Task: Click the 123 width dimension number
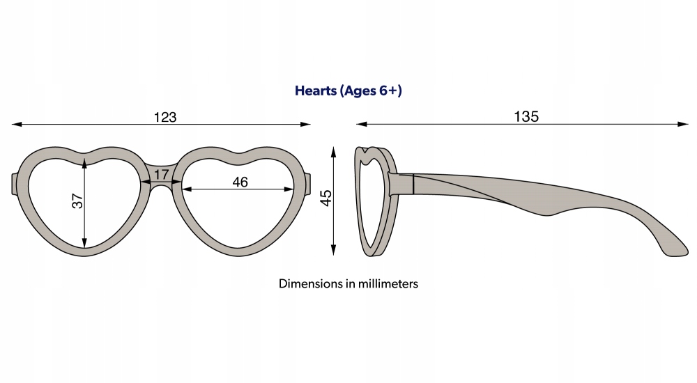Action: [x=165, y=117]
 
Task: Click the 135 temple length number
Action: [x=527, y=116]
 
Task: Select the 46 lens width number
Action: [x=240, y=182]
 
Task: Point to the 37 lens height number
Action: [x=77, y=201]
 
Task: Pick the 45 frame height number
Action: [x=325, y=198]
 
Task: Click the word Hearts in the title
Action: [x=314, y=91]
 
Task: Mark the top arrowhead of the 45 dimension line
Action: [x=335, y=150]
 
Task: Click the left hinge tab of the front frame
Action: [x=15, y=183]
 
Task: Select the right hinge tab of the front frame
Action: [x=307, y=183]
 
